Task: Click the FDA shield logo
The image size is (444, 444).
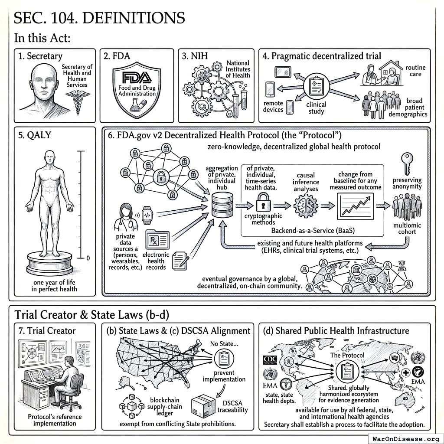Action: click(x=137, y=90)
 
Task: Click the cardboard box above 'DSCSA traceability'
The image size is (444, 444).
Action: click(x=204, y=404)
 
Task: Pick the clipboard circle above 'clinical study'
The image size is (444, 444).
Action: click(x=316, y=86)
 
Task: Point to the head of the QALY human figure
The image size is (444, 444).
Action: click(x=50, y=157)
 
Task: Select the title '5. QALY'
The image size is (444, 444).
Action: click(x=32, y=135)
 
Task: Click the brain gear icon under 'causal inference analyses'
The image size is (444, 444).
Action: click(x=306, y=205)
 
